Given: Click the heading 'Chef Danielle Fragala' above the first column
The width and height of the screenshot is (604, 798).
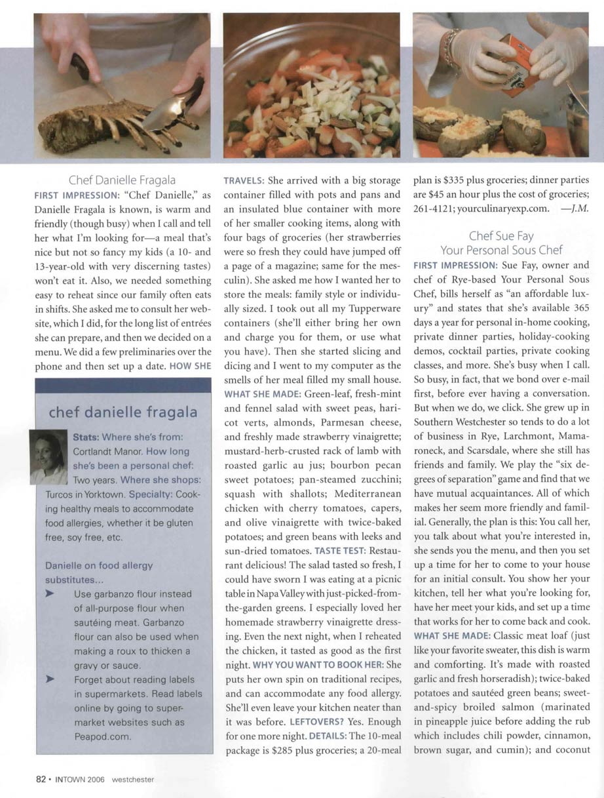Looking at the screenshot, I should tap(123, 180).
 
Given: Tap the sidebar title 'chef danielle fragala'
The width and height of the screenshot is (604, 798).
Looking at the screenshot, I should tap(123, 412).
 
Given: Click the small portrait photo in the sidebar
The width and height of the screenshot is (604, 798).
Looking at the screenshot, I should tap(48, 456).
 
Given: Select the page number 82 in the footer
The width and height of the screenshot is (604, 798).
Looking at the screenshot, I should tap(40, 780).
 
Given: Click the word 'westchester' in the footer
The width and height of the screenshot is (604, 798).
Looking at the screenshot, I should tap(132, 780).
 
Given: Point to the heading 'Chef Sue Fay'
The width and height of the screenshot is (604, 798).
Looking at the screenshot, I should tap(500, 235).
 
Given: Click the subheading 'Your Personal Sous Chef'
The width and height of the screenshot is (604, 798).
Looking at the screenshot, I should tap(500, 250).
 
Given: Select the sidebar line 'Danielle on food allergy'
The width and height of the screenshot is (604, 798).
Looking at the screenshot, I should tap(99, 565).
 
